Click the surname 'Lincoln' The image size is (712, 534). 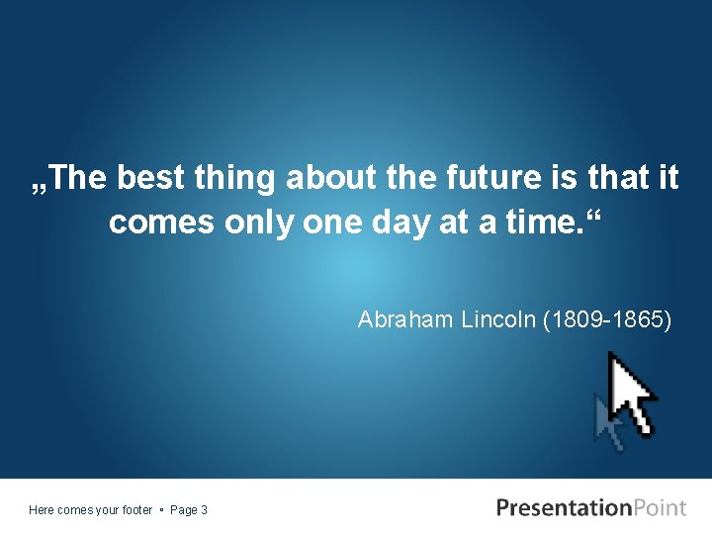tap(497, 319)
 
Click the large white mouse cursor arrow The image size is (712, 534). tap(630, 392)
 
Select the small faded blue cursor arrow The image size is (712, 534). tap(606, 422)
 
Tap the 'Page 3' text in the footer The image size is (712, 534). tap(189, 510)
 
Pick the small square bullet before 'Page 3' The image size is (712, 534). tap(161, 510)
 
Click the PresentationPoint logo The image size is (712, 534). tap(590, 508)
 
